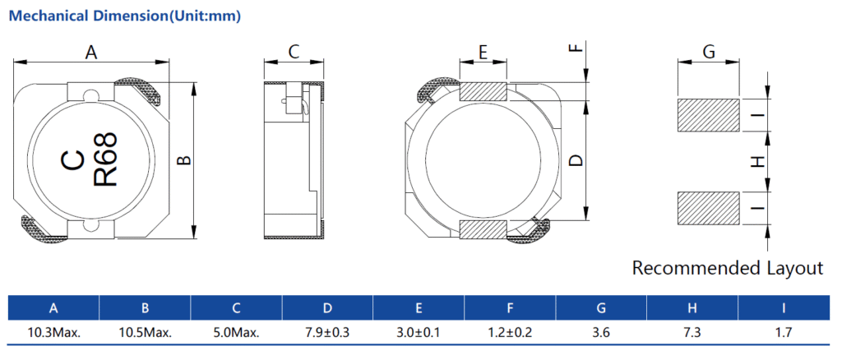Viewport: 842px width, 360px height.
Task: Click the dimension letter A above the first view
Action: (91, 53)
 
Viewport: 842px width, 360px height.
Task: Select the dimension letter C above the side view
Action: (294, 52)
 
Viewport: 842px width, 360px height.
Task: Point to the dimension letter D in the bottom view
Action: (576, 160)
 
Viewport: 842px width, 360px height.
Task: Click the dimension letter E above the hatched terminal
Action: (483, 53)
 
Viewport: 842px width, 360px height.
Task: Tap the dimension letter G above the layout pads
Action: (709, 53)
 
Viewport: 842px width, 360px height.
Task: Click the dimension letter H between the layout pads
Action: (757, 161)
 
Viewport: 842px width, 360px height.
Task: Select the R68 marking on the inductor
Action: (106, 160)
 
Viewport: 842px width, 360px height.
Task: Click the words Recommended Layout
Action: (728, 268)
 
